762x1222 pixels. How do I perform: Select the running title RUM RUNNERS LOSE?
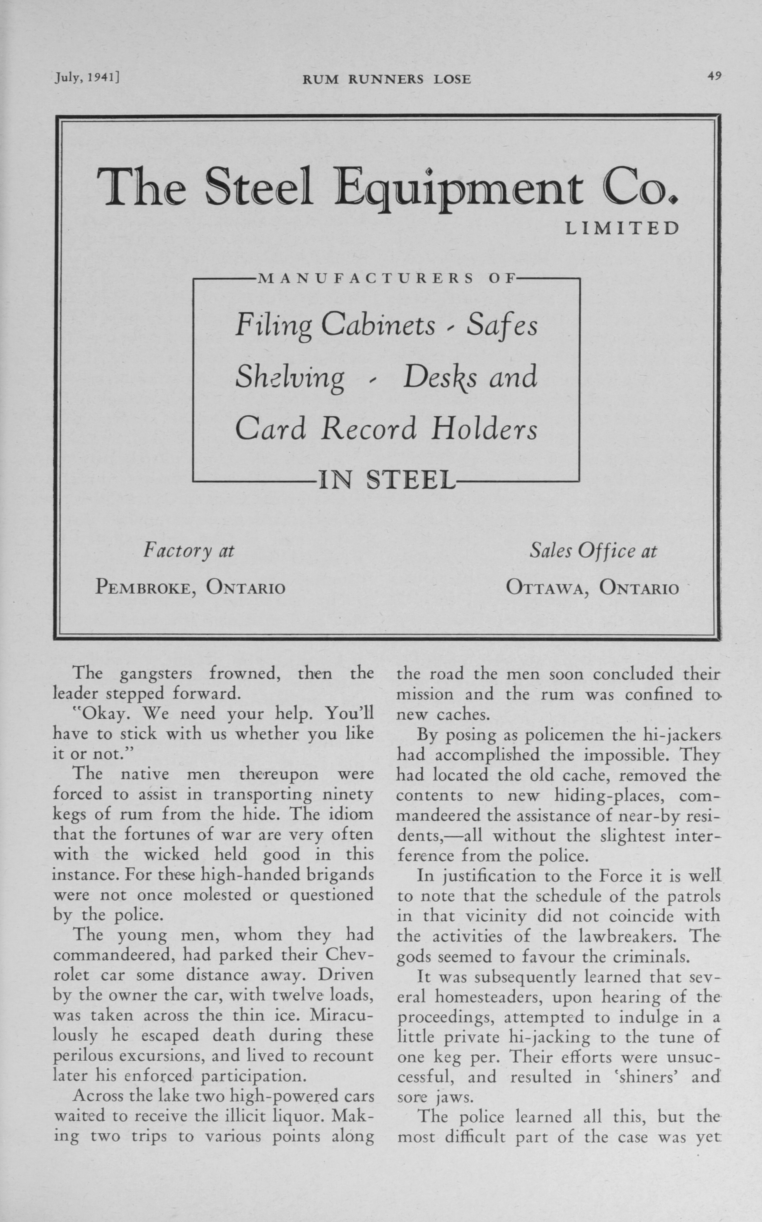[387, 79]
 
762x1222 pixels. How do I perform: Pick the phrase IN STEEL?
[387, 480]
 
